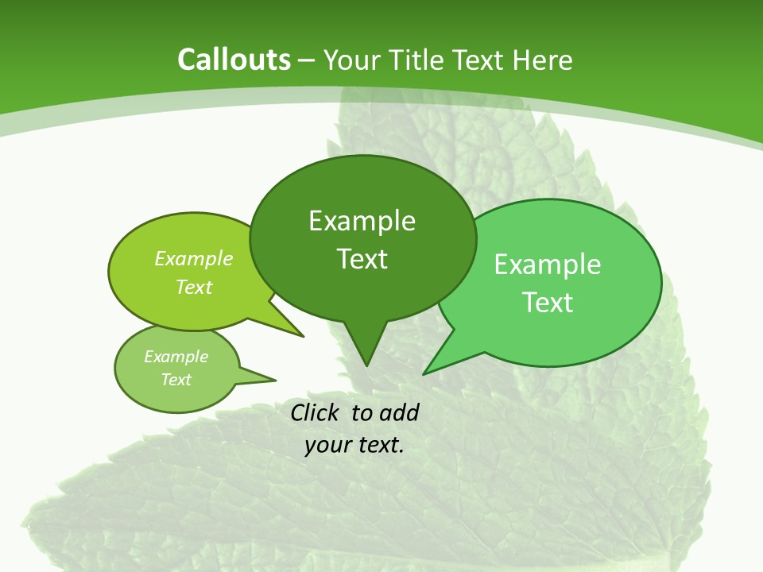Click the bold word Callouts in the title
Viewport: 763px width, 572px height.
pyautogui.click(x=234, y=60)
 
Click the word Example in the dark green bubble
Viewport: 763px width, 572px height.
pyautogui.click(x=362, y=221)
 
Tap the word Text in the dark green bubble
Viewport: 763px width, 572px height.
pyautogui.click(x=362, y=259)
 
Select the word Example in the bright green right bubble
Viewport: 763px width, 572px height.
pyautogui.click(x=548, y=265)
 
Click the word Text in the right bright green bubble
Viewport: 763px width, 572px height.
pyautogui.click(x=548, y=303)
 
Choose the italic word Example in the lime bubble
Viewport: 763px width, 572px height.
pyautogui.click(x=194, y=259)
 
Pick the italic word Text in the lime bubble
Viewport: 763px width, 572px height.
pyautogui.click(x=194, y=288)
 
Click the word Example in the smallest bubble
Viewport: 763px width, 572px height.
pyautogui.click(x=176, y=357)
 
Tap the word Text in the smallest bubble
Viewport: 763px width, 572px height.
pyautogui.click(x=176, y=380)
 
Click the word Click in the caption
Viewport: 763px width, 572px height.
pyautogui.click(x=316, y=412)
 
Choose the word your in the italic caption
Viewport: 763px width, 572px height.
pyautogui.click(x=327, y=445)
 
